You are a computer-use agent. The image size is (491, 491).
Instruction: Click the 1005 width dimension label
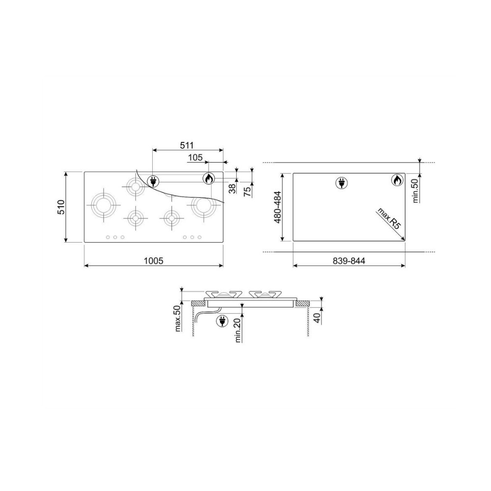pyautogui.click(x=153, y=261)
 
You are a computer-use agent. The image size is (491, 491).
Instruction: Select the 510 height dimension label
pyautogui.click(x=61, y=207)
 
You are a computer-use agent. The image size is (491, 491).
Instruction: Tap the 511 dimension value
pyautogui.click(x=187, y=145)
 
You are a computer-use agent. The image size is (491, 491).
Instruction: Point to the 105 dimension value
pyautogui.click(x=195, y=157)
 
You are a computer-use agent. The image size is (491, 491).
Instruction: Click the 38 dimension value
pyautogui.click(x=232, y=188)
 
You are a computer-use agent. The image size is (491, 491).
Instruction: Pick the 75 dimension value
pyautogui.click(x=247, y=191)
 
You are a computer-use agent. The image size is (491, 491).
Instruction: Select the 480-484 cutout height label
pyautogui.click(x=277, y=207)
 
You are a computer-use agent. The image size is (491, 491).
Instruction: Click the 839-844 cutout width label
pyautogui.click(x=349, y=261)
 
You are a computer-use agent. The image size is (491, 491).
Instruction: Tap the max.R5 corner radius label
pyautogui.click(x=389, y=218)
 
